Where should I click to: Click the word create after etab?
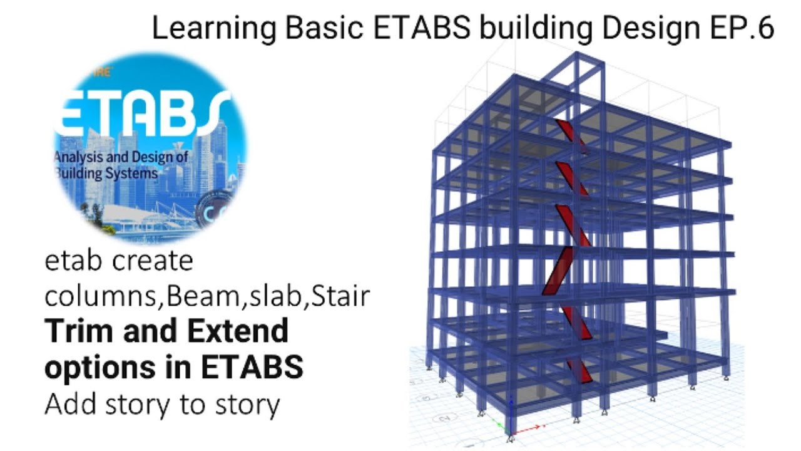153,261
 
